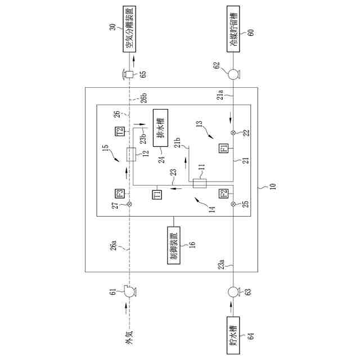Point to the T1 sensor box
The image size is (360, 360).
[157, 195]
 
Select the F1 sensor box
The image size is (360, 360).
[223, 148]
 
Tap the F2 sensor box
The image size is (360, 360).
[223, 195]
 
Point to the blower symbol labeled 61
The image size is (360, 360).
[129, 292]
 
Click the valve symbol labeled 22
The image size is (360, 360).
[233, 133]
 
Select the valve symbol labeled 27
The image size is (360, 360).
[129, 204]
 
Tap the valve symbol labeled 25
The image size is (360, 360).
[233, 204]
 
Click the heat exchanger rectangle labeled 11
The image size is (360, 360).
[199, 183]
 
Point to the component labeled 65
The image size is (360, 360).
[129, 74]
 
